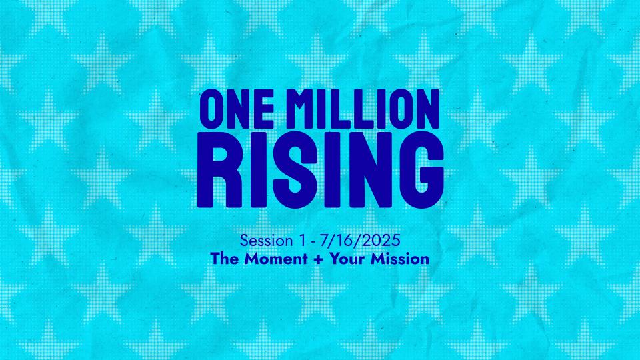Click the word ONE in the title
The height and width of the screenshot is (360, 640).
(237, 109)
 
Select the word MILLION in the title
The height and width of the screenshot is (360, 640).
(367, 109)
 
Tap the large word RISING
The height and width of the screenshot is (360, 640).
(321, 169)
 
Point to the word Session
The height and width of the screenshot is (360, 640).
(266, 241)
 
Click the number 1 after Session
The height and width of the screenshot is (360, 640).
(301, 241)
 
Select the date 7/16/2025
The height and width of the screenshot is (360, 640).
(360, 241)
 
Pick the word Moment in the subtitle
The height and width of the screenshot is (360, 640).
(276, 259)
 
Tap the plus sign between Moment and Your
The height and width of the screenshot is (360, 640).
(319, 259)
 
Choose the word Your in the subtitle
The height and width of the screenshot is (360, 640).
(347, 259)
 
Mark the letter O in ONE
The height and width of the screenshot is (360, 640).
(211, 109)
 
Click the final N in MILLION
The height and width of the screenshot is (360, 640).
(427, 109)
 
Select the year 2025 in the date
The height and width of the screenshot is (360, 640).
(381, 241)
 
